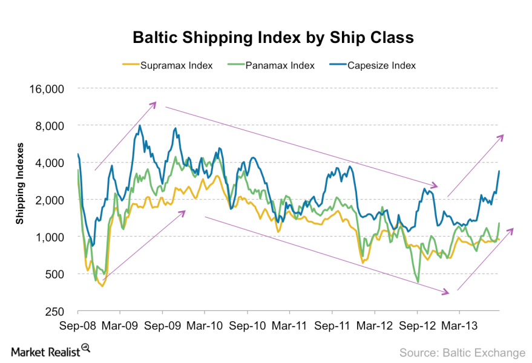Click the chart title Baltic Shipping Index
click(x=273, y=38)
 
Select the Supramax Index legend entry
click(x=176, y=65)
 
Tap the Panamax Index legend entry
click(x=280, y=65)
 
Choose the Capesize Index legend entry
click(x=381, y=65)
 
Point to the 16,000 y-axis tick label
click(x=47, y=88)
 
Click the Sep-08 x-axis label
click(x=78, y=325)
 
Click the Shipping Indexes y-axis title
click(x=20, y=183)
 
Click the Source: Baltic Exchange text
click(x=462, y=352)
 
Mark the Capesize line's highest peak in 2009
click(x=140, y=126)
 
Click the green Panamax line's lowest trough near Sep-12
click(x=419, y=282)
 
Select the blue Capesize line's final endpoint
click(x=499, y=171)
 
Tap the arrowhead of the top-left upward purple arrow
click(x=155, y=103)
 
